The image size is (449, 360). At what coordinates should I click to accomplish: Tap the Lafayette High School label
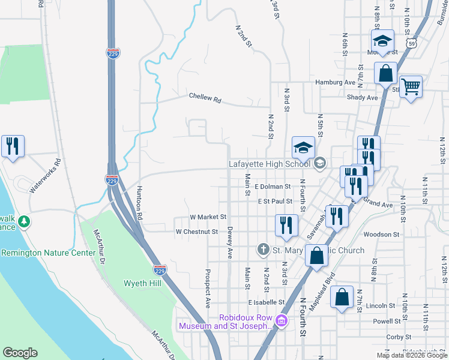270,163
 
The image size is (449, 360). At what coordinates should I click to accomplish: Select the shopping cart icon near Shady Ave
411,88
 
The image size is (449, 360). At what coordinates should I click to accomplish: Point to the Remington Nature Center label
48,253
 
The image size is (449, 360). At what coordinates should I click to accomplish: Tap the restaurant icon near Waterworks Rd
13,146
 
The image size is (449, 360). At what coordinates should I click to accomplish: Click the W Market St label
207,217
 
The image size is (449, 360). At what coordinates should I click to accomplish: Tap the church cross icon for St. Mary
263,249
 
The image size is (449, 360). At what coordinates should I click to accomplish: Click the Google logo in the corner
20,353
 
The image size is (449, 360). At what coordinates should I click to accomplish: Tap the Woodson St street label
381,235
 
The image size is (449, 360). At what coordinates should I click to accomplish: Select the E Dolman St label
273,187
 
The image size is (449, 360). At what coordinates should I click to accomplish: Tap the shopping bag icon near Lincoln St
342,298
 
